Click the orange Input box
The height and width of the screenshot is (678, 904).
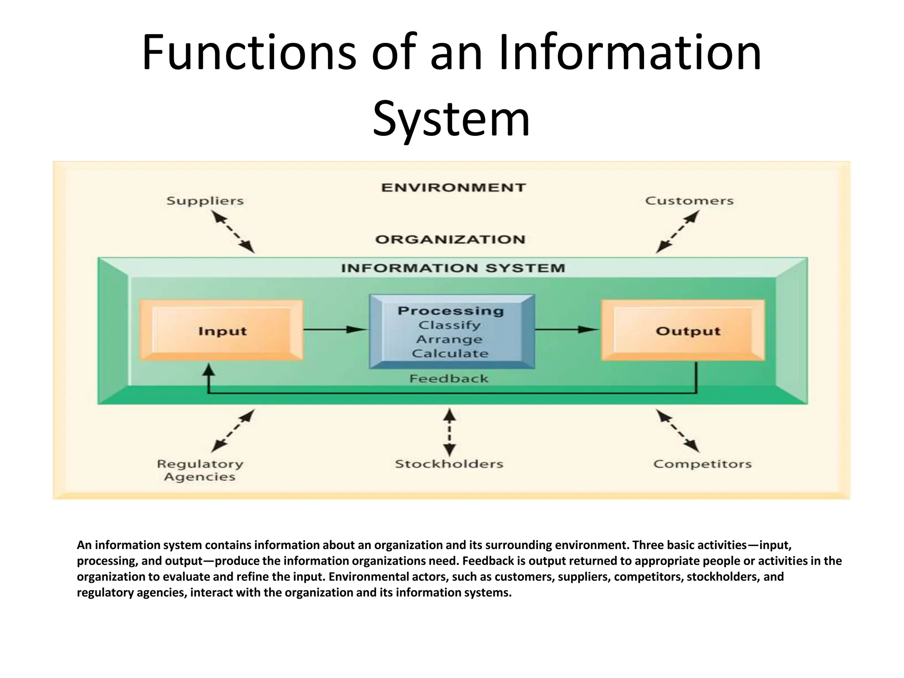click(x=222, y=331)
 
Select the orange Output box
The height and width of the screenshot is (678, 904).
click(x=683, y=331)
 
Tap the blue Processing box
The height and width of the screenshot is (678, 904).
click(x=452, y=331)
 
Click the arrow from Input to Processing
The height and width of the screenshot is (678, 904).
click(x=335, y=329)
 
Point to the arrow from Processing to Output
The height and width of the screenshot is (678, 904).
click(x=567, y=329)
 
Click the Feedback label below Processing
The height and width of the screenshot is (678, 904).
click(x=449, y=379)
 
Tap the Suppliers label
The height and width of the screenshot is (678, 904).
click(x=205, y=201)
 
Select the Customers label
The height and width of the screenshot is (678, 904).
click(x=689, y=201)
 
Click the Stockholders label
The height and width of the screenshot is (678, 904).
click(x=449, y=464)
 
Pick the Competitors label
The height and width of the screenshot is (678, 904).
click(x=702, y=464)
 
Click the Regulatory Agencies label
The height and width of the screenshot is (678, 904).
click(x=200, y=471)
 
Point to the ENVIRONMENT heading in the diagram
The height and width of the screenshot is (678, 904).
click(x=453, y=188)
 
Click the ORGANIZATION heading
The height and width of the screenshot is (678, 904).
click(x=450, y=240)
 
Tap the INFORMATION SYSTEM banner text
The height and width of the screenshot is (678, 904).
click(x=453, y=268)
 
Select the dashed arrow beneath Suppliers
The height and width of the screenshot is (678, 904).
click(x=233, y=232)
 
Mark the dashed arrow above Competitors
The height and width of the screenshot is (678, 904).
click(x=678, y=431)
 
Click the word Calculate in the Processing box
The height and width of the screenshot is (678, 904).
click(x=450, y=354)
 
